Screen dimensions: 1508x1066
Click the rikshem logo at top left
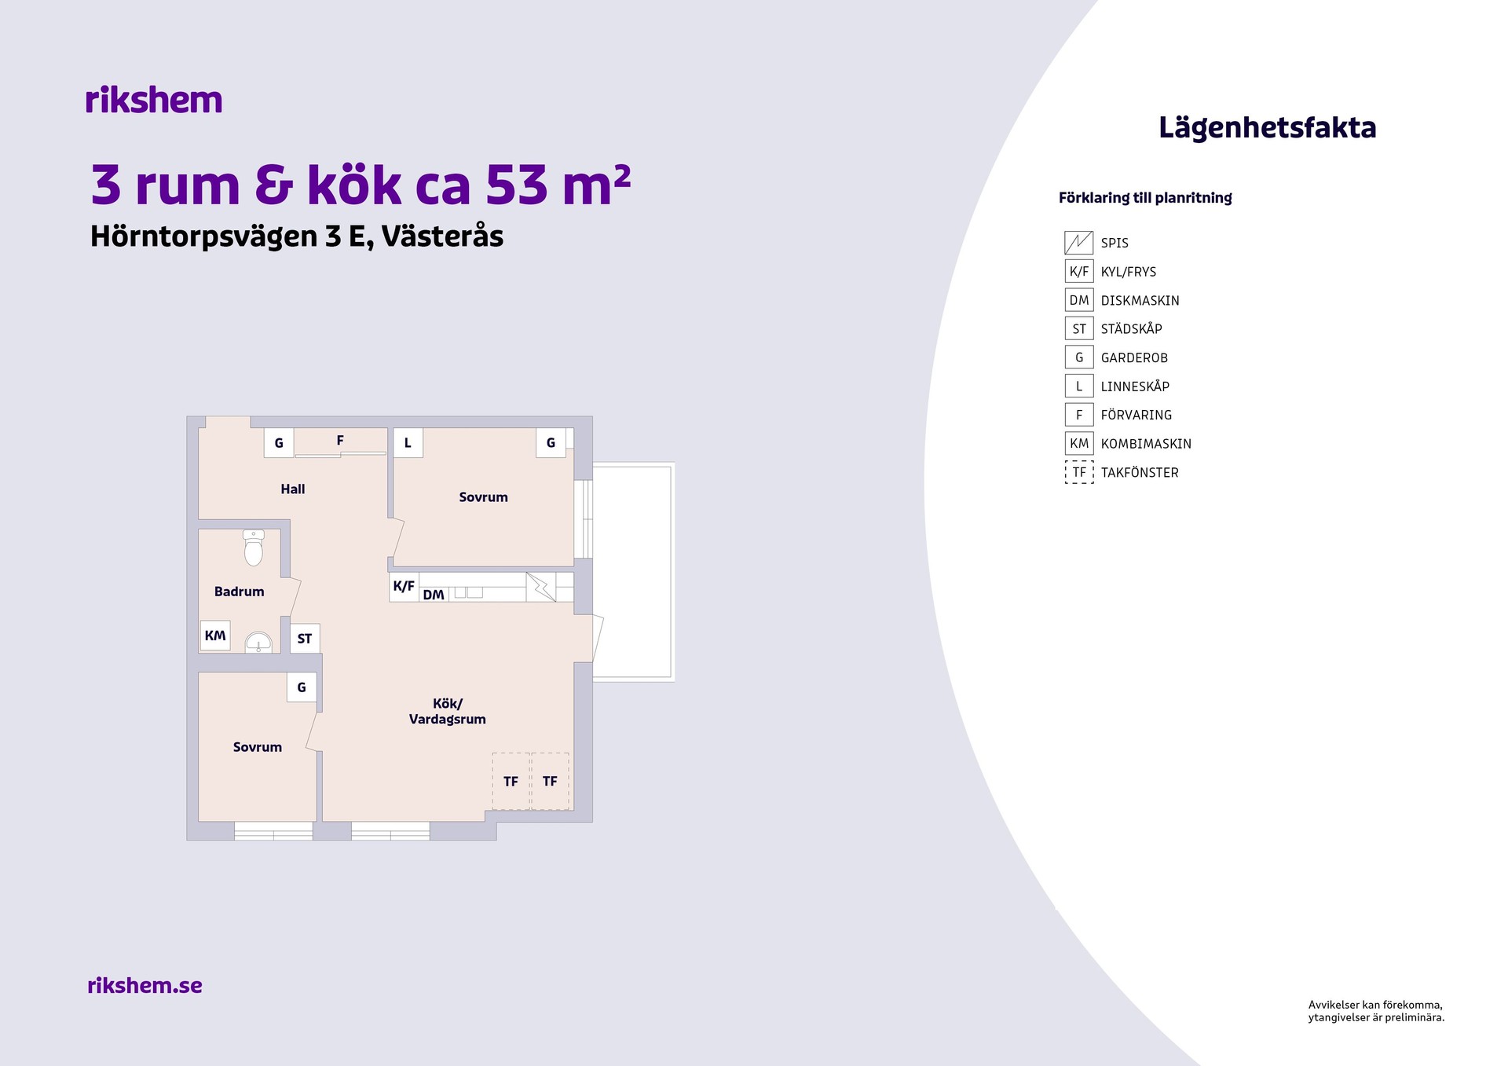click(154, 101)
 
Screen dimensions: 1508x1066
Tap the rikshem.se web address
click(145, 985)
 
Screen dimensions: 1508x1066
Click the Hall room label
click(293, 489)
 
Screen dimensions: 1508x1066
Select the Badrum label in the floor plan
click(240, 592)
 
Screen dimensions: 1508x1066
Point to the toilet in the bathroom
click(253, 548)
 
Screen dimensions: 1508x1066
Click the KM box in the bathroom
click(215, 636)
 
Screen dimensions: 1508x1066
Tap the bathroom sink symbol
click(258, 643)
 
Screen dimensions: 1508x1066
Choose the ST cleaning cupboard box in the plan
click(305, 639)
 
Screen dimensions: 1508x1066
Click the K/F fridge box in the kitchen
click(404, 586)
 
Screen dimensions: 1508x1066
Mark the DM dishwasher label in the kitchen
click(434, 595)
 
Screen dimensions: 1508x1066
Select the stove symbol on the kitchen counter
click(540, 587)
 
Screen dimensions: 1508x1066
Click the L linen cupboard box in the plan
click(408, 443)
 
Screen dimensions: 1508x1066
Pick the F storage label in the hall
click(340, 441)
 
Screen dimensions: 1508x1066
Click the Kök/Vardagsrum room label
click(448, 711)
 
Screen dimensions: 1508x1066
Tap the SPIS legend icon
click(1079, 243)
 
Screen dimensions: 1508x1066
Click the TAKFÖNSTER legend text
click(1140, 472)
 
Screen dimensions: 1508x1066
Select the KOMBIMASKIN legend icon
click(1079, 443)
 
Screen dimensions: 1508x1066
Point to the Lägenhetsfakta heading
click(1268, 128)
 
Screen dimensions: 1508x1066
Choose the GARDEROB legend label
click(1134, 357)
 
